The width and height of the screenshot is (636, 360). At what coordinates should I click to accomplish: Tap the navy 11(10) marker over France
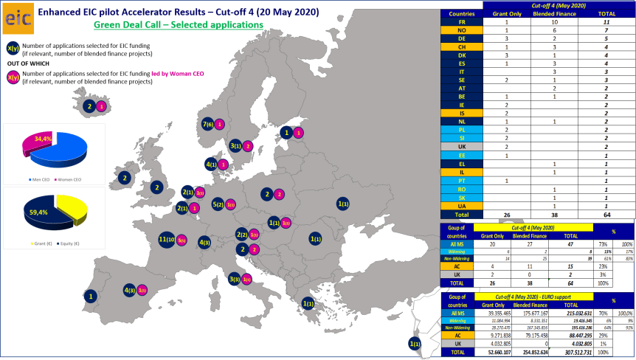click(x=167, y=239)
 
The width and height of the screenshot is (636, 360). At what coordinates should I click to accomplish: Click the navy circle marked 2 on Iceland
click(x=90, y=106)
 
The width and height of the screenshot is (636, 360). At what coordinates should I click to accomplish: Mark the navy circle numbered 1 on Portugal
click(x=91, y=297)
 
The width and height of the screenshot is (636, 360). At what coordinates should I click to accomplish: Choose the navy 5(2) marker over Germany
click(x=218, y=204)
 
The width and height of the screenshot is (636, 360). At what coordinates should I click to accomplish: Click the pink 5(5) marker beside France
click(x=182, y=240)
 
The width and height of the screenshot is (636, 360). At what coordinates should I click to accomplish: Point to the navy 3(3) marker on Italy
click(x=235, y=279)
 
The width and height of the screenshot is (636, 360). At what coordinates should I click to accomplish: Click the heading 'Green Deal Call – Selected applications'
click(x=179, y=24)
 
